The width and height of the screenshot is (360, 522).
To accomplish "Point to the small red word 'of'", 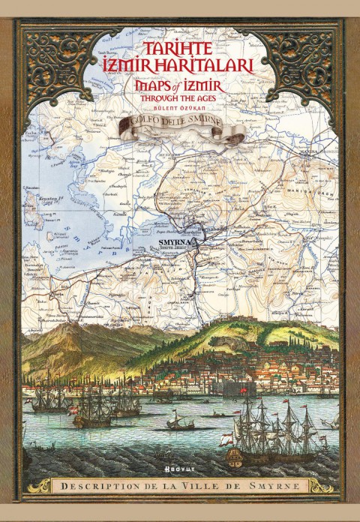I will pos(179,88).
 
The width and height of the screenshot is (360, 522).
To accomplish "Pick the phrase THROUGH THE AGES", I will pos(180,103).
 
